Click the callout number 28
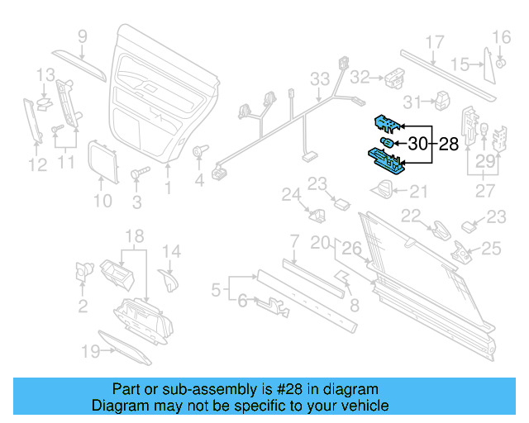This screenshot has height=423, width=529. (447, 145)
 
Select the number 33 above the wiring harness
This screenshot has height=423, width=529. (320, 80)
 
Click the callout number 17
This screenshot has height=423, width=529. (435, 43)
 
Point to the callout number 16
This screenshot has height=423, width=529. (502, 36)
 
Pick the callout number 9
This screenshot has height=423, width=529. (83, 36)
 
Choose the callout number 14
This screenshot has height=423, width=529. (171, 252)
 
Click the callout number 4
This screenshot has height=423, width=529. (198, 179)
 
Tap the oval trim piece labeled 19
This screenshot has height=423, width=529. (124, 346)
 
